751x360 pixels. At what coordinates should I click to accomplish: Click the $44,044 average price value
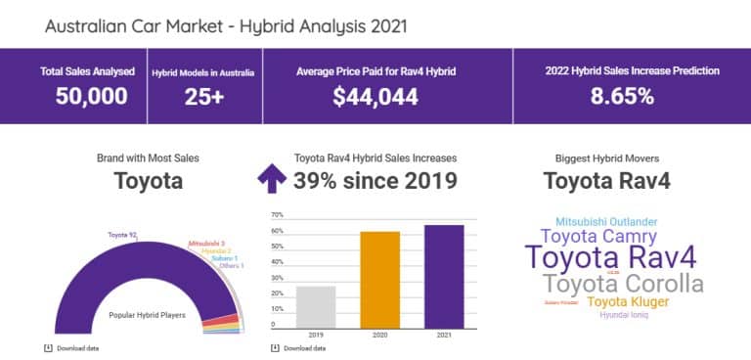[375, 96]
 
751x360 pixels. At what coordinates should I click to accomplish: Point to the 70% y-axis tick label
[277, 214]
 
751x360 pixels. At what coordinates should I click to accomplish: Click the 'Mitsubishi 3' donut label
[206, 242]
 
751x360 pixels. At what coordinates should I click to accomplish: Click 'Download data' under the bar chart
[303, 348]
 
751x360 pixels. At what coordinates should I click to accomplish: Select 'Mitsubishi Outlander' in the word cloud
[606, 222]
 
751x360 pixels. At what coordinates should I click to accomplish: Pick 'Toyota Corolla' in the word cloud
[623, 284]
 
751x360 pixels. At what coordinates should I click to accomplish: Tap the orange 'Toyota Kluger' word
[628, 301]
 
